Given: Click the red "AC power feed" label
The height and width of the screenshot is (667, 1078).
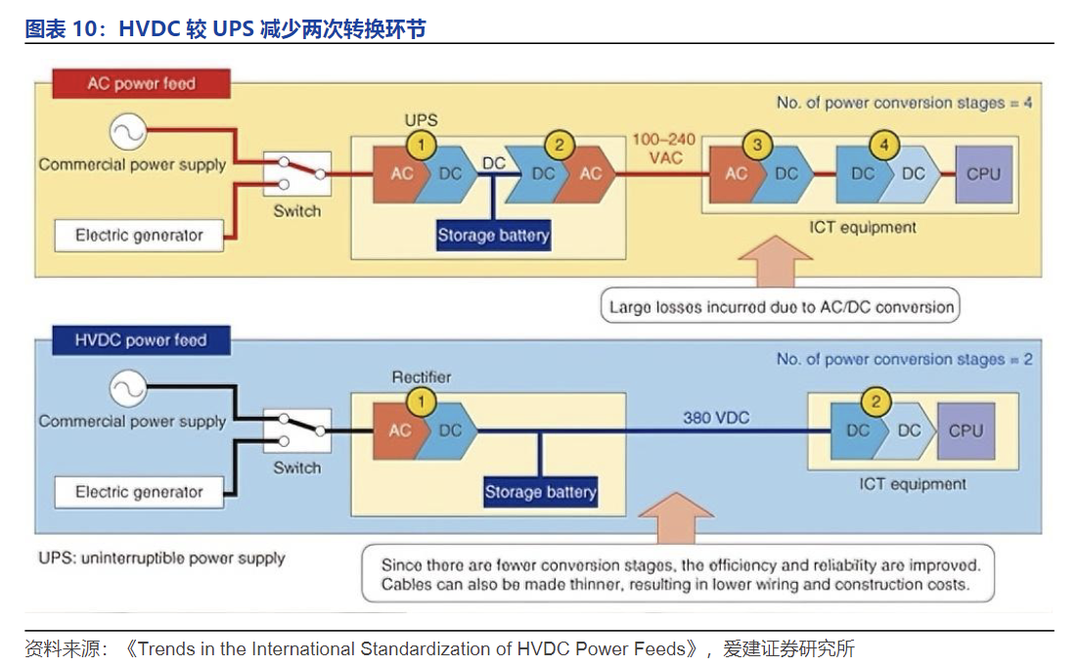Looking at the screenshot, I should click(x=142, y=84).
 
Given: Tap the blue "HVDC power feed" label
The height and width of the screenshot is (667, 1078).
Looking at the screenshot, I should click(x=141, y=340).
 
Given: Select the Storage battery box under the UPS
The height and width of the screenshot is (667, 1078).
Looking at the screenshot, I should click(x=493, y=235).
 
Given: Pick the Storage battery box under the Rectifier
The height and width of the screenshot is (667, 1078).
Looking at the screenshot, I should click(x=540, y=491).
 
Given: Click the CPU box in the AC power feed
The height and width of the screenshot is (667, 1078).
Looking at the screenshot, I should click(x=983, y=173).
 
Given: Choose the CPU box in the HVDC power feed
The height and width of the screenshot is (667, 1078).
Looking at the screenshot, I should click(x=966, y=430).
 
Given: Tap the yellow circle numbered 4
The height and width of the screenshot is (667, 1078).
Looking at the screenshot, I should click(x=884, y=146).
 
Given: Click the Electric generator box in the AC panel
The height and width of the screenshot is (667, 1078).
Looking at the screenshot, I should click(x=139, y=235).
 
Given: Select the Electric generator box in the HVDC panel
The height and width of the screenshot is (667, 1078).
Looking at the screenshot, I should click(x=139, y=492).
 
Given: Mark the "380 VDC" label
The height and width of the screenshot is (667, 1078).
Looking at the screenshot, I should click(x=716, y=418).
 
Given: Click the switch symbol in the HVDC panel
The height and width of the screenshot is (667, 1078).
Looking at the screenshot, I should click(x=297, y=431).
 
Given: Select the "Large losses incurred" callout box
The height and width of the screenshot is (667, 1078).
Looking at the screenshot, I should click(x=781, y=306).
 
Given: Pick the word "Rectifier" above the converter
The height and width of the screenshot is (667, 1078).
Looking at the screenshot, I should click(x=422, y=377).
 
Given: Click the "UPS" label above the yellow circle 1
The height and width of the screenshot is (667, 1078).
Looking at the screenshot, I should click(x=422, y=121).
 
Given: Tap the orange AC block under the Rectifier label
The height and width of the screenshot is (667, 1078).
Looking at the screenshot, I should click(x=400, y=430).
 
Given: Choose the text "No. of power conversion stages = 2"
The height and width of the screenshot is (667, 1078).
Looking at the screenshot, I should click(x=904, y=359).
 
